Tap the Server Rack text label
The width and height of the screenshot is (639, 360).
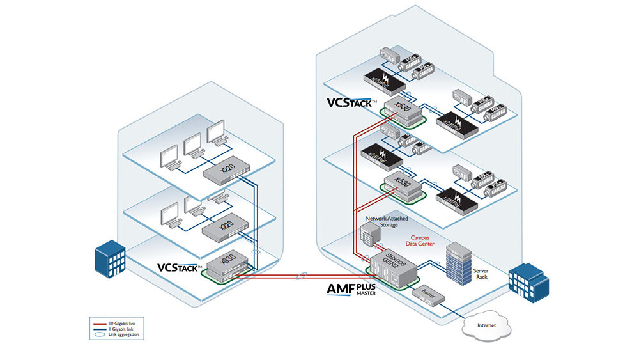tap(481, 274)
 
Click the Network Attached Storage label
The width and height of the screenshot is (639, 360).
tap(386, 221)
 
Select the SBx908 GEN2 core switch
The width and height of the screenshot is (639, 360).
tap(391, 267)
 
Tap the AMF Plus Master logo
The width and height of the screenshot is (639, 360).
tap(351, 290)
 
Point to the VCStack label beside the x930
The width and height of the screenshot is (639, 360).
tap(180, 267)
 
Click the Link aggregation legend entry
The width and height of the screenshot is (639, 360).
tap(119, 335)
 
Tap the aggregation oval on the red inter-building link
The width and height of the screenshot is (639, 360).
tap(304, 276)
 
